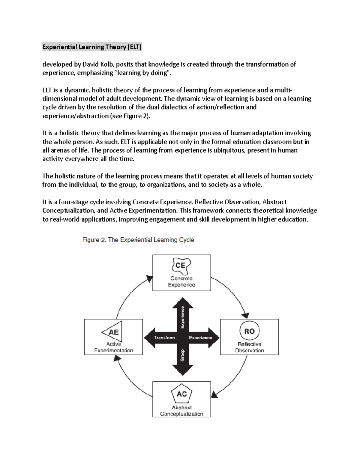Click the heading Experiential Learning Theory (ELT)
click(x=92, y=47)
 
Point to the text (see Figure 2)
click(x=129, y=116)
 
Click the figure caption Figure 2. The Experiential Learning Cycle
click(x=138, y=240)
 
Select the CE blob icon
click(x=181, y=265)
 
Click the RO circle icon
click(x=249, y=331)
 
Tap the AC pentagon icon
click(x=181, y=394)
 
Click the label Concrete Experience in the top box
click(x=181, y=282)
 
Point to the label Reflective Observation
click(x=249, y=347)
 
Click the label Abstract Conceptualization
click(x=181, y=410)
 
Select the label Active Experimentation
click(x=113, y=347)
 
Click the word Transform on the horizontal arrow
click(x=164, y=338)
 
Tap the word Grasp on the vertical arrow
click(x=182, y=355)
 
